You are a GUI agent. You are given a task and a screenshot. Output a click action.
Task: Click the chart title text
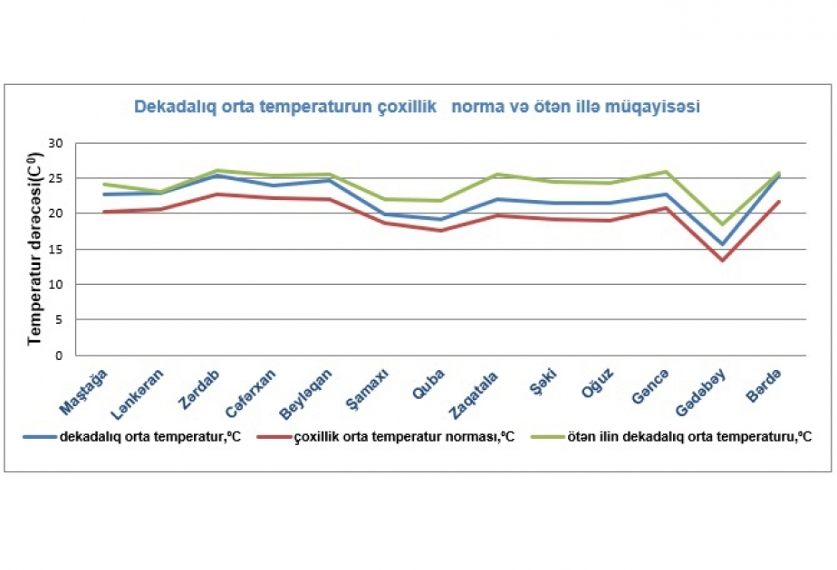[417, 107]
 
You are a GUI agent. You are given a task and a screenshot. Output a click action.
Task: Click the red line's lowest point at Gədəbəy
[722, 261]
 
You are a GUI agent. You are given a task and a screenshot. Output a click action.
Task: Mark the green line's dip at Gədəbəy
[722, 223]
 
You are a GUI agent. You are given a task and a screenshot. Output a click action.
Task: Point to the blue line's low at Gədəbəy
[722, 244]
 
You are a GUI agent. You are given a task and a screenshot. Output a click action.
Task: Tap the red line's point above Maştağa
[105, 212]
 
